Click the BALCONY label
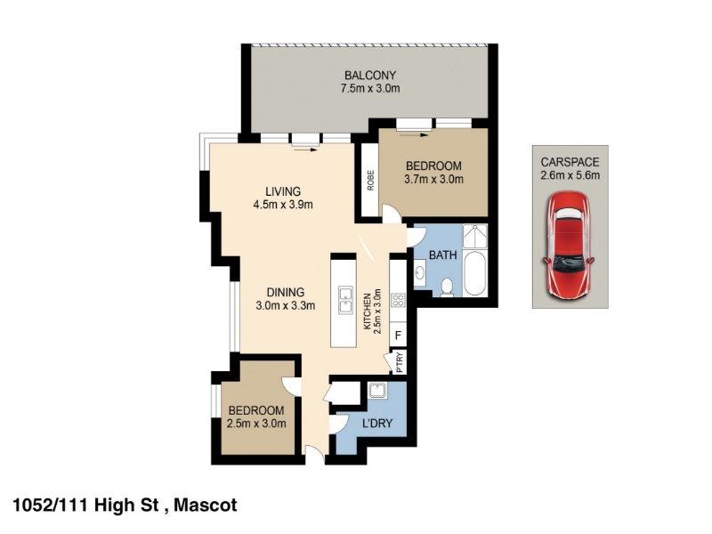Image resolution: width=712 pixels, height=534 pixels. (370, 76)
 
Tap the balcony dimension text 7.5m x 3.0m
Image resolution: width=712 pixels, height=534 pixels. (370, 88)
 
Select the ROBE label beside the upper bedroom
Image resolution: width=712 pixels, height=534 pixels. (370, 181)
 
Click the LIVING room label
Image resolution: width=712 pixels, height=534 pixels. (283, 191)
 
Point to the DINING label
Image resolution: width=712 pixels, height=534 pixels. (285, 293)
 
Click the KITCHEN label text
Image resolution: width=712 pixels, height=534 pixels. (368, 311)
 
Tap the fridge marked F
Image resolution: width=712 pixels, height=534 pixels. (398, 336)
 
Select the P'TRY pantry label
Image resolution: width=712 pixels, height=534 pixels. (399, 362)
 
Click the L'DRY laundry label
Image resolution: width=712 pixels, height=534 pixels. (377, 424)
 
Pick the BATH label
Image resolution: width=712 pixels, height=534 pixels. (442, 255)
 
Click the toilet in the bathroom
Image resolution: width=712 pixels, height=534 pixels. (448, 287)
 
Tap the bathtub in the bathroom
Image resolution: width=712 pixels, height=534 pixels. (475, 273)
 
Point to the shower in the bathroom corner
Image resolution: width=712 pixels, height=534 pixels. (475, 236)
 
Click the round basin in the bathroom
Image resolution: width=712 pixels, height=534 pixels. (419, 273)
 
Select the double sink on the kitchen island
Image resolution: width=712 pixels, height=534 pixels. (345, 300)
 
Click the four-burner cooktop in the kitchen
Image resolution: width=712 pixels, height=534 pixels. (398, 300)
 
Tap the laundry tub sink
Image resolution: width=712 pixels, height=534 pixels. (377, 391)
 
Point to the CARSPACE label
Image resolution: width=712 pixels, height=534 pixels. (570, 162)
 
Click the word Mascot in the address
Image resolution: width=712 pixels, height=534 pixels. (206, 506)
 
